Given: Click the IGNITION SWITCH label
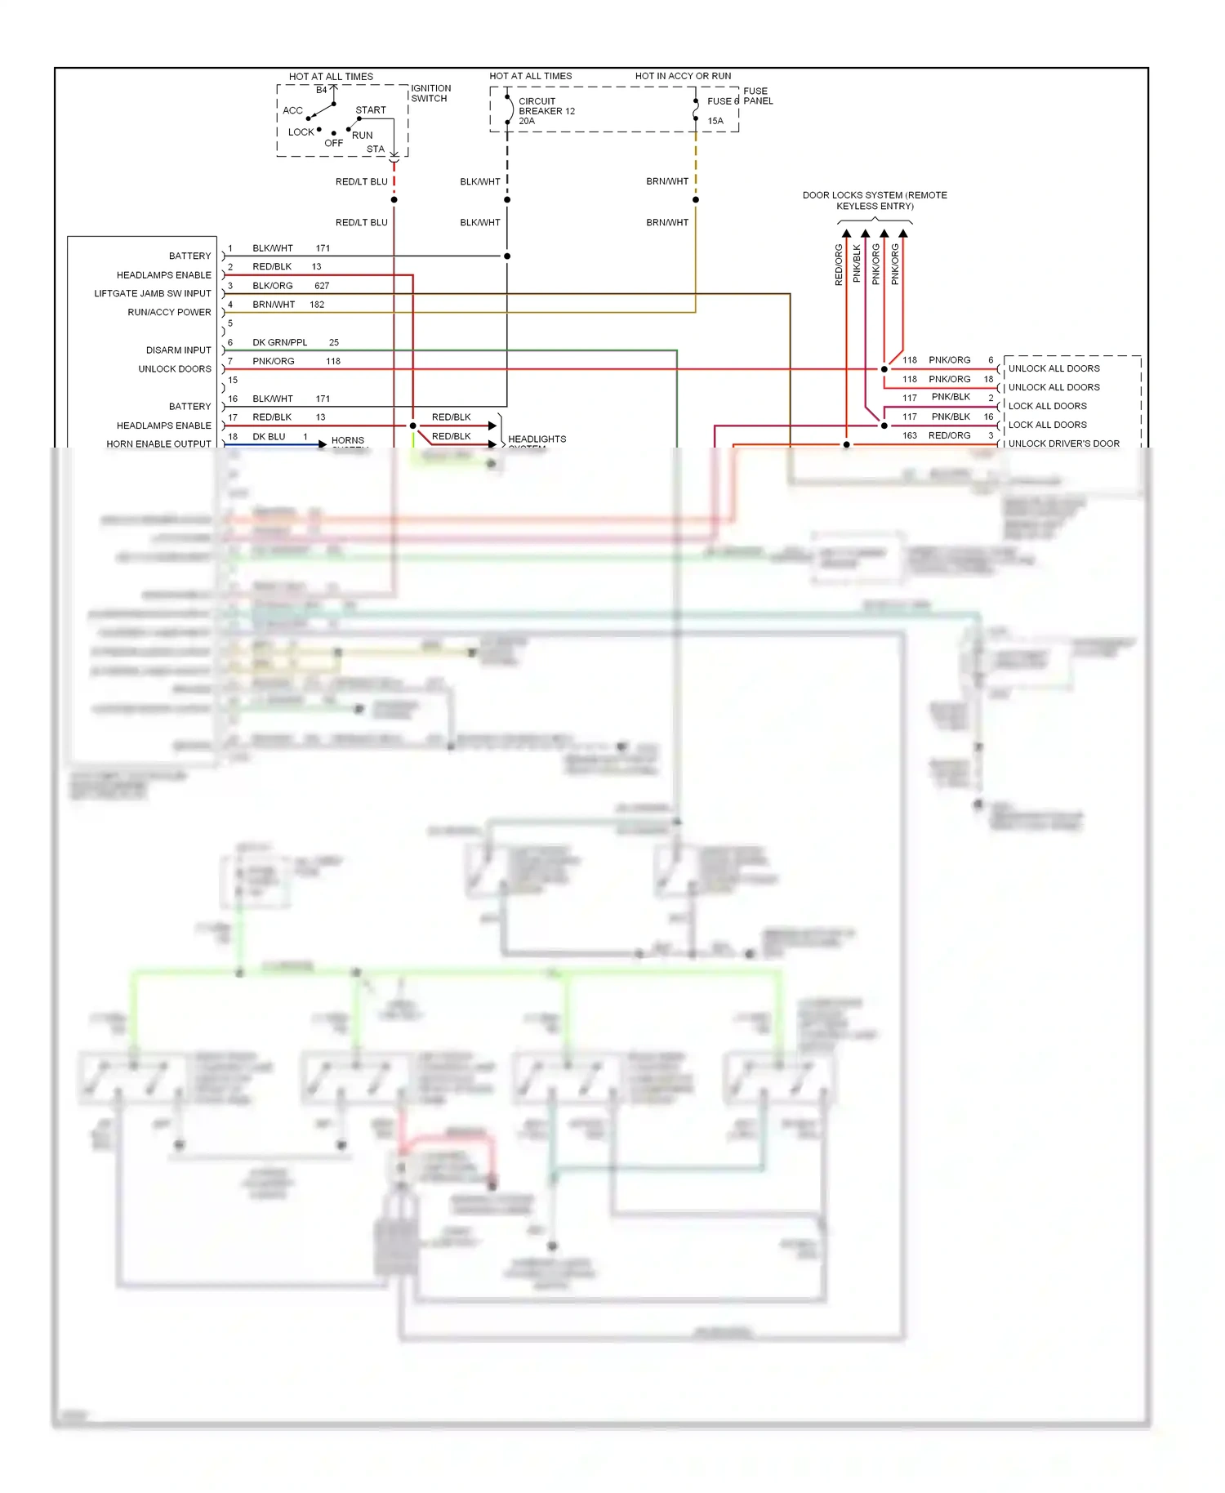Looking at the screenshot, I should click(x=430, y=93).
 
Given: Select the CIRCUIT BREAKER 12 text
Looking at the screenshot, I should click(x=546, y=106).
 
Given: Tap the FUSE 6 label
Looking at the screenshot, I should click(x=723, y=101).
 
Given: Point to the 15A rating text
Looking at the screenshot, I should click(x=715, y=121).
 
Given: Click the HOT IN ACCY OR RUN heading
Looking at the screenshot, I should click(x=683, y=76).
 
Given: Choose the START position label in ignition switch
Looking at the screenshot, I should click(x=371, y=110).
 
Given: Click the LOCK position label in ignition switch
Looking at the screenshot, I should click(x=301, y=132).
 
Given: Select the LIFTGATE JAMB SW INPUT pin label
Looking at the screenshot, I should click(x=153, y=293).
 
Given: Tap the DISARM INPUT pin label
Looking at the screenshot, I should click(x=178, y=350).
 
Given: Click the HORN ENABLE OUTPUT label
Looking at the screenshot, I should click(x=158, y=444).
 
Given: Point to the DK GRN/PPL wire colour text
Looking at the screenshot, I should click(x=280, y=342).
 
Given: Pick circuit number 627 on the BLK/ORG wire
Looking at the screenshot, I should click(x=322, y=286).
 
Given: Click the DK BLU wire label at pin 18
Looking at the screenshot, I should click(x=269, y=437).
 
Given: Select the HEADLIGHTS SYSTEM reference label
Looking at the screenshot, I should click(x=537, y=440).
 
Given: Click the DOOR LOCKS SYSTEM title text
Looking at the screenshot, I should click(x=875, y=200).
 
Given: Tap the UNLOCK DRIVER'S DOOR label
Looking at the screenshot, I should click(x=1063, y=443).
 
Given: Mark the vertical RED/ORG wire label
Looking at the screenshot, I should click(x=839, y=265).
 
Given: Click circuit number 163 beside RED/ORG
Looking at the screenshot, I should click(x=910, y=435).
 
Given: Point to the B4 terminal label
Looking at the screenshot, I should click(x=322, y=90).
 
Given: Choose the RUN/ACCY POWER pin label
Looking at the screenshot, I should click(x=169, y=312).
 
